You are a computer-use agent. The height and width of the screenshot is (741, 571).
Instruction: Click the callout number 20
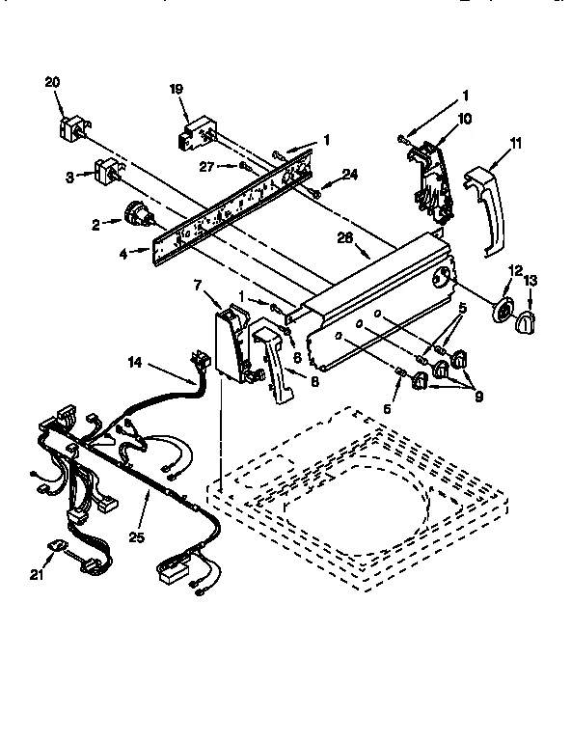(52, 82)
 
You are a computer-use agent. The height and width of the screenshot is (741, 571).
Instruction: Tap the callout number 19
(177, 90)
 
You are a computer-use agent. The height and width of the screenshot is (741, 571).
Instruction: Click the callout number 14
(137, 363)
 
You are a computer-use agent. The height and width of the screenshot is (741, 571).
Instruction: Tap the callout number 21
(38, 575)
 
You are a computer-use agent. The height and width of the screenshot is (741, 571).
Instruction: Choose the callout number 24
(350, 175)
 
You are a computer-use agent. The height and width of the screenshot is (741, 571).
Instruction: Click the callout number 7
(198, 286)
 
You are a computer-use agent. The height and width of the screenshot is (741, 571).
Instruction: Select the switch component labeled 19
(197, 136)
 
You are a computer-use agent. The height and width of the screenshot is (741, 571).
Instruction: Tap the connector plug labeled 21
(59, 547)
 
